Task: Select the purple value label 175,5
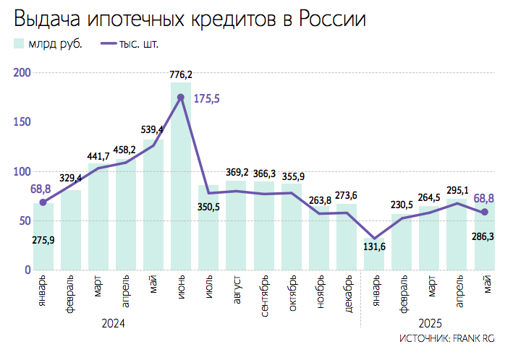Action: pos(206,99)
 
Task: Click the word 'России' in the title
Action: pos(329,20)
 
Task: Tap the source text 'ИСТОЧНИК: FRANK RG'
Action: pos(446,338)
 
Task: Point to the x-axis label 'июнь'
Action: pos(181,288)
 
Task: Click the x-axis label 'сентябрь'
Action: pos(263,293)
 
